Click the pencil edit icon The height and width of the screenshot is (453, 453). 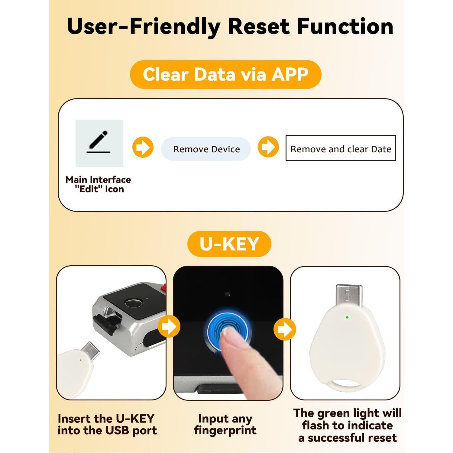coord(99,143)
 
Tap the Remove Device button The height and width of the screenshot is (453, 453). coord(206,149)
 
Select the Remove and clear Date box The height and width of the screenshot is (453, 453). coord(341,148)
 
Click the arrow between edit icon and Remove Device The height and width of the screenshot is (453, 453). coord(143,147)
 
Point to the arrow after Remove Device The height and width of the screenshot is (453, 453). coord(268,147)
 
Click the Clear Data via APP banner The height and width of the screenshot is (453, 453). coord(225,74)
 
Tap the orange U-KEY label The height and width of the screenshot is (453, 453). coord(229,244)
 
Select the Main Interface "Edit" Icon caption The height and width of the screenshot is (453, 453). coord(98,184)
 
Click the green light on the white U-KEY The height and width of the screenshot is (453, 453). coord(347,317)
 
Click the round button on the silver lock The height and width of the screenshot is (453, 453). coord(134,303)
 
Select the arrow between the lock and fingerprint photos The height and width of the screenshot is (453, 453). coord(169,326)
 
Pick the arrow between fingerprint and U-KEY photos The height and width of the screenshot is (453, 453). coord(285,329)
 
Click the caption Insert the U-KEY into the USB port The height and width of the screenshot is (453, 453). coord(107,425)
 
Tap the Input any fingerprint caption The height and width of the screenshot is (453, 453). coord(225,424)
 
